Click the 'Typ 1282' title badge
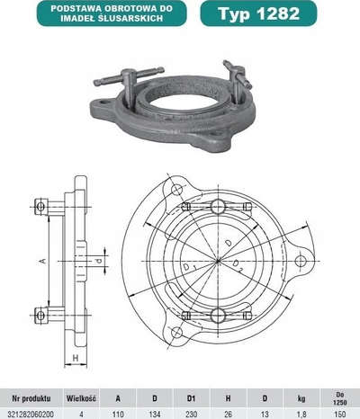pyautogui.click(x=258, y=13)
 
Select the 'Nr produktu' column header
pyautogui.click(x=31, y=398)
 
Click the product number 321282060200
pyautogui.click(x=31, y=415)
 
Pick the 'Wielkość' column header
pyautogui.click(x=81, y=398)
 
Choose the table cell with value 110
pyautogui.click(x=118, y=415)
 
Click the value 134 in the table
pyautogui.click(x=155, y=415)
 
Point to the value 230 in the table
pyautogui.click(x=192, y=415)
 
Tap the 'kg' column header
pyautogui.click(x=301, y=398)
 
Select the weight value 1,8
pyautogui.click(x=301, y=415)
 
